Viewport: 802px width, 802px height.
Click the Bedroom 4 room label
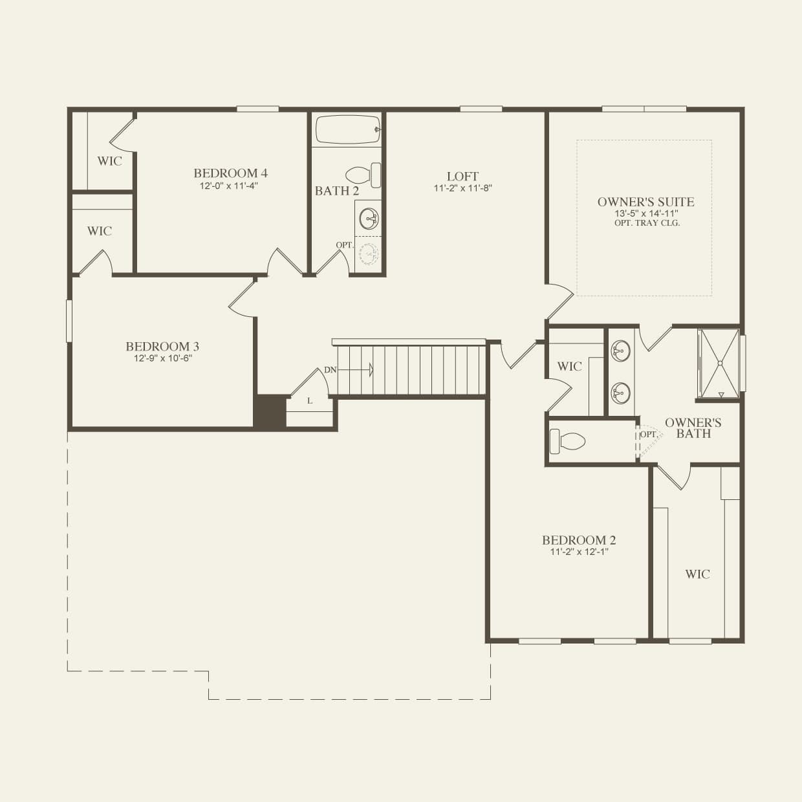(230, 173)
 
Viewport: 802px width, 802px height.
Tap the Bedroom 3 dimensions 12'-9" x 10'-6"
(163, 358)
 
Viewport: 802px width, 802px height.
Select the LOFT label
(462, 177)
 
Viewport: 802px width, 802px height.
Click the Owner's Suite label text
(645, 202)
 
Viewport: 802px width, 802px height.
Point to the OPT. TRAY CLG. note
(647, 223)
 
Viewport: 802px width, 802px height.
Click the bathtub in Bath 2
(347, 130)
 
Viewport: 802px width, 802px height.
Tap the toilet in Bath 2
(363, 175)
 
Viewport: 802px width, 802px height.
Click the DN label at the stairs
(330, 370)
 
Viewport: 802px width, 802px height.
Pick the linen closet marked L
(310, 402)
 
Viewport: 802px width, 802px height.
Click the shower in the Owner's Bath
(718, 363)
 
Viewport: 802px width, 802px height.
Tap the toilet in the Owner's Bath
(567, 442)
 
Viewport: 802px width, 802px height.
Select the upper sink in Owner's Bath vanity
(620, 352)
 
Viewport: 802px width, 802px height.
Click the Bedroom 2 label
(578, 540)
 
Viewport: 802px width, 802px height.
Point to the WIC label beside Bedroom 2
(697, 574)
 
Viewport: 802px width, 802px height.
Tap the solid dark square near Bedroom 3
(269, 411)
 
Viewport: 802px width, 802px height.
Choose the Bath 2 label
(336, 191)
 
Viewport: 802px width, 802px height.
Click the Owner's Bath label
(693, 428)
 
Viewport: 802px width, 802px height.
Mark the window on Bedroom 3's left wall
(69, 320)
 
